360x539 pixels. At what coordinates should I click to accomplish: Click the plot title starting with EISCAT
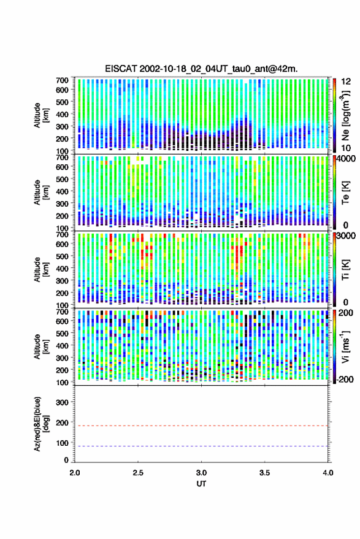pos(202,69)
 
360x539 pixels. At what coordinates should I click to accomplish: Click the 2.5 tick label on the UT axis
pos(138,473)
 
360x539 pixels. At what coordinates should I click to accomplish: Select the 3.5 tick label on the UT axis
pos(264,473)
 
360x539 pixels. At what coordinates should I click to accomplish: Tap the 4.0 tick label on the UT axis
pos(327,473)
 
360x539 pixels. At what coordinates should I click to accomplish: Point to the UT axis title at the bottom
pos(201,484)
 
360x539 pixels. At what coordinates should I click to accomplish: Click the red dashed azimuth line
pos(201,426)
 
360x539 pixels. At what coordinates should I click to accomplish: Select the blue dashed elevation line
pos(201,446)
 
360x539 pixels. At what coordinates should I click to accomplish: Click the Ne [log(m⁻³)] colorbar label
pos(346,115)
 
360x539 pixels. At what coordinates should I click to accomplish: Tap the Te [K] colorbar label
pos(345,193)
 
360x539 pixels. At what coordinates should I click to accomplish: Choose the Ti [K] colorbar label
pos(345,270)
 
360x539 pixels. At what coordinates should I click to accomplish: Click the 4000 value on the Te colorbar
pos(347,159)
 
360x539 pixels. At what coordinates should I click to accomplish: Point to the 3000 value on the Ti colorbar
pos(347,236)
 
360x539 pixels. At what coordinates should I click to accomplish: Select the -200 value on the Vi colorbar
pos(345,380)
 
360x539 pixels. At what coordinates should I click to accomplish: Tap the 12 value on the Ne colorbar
pos(346,82)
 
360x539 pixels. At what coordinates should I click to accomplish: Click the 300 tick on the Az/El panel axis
pos(62,402)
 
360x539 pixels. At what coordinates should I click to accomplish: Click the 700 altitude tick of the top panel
pos(62,80)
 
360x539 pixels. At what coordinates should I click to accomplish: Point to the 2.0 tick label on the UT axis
pos(75,473)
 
